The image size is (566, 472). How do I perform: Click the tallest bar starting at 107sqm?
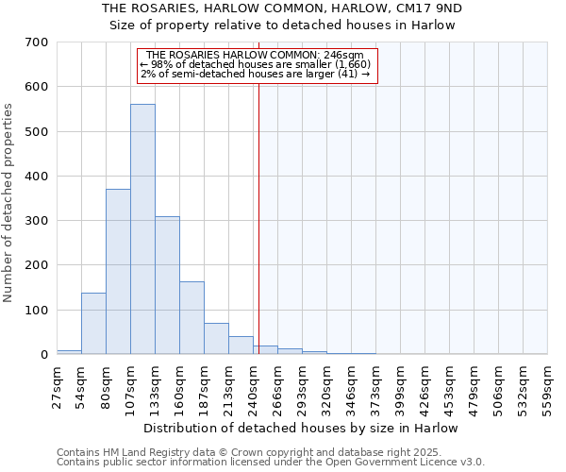click(x=142, y=229)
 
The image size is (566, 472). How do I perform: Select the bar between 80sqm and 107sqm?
click(x=118, y=272)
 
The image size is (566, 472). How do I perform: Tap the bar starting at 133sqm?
click(x=167, y=285)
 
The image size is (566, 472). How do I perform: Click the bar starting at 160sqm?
click(x=191, y=318)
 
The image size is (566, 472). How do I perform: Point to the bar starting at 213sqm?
click(x=241, y=346)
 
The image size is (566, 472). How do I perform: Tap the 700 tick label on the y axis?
click(x=37, y=42)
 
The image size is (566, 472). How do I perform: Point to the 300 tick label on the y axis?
click(x=37, y=221)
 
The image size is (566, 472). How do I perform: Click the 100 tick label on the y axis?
click(x=37, y=311)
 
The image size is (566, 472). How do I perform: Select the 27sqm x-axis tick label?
click(x=57, y=383)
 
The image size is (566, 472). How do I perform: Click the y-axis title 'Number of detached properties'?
click(x=9, y=203)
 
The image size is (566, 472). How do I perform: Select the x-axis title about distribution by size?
click(x=302, y=428)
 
